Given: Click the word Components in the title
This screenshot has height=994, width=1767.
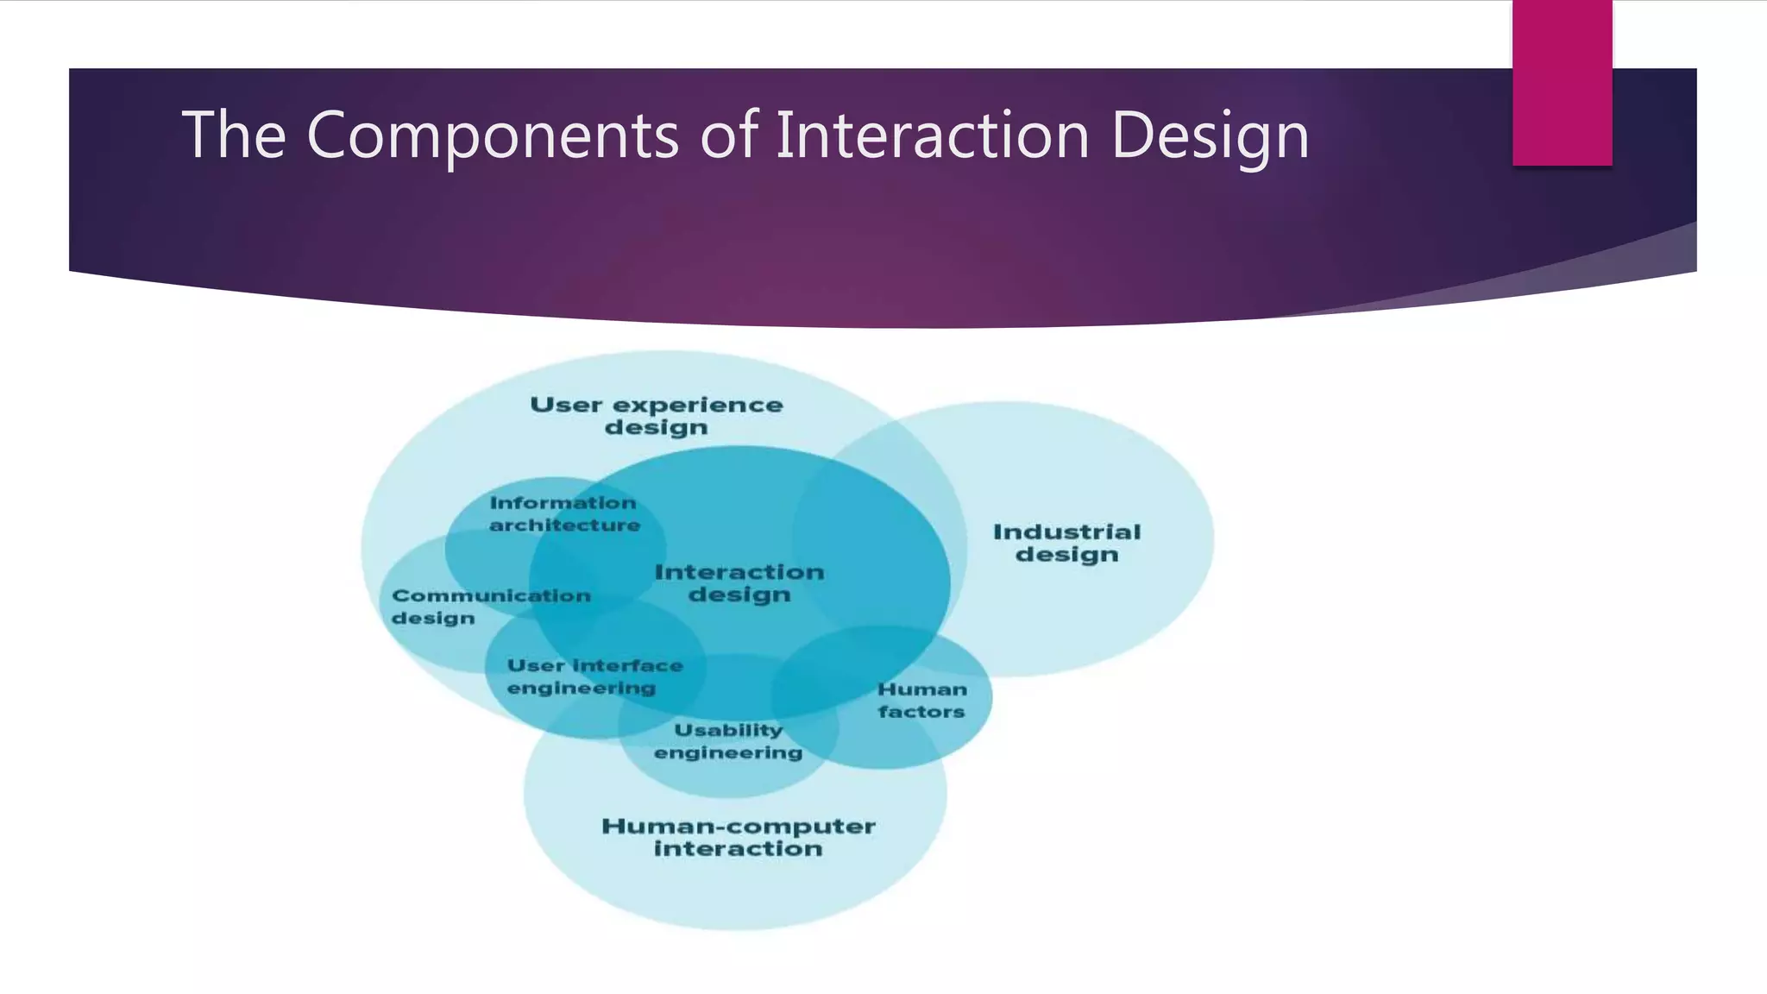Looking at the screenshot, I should tap(492, 136).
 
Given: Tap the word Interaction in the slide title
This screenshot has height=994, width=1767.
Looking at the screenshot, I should tap(932, 135).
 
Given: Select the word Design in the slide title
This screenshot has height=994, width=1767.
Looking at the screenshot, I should tap(1210, 136).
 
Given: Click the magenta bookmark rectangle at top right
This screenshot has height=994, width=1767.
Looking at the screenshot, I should tap(1562, 82).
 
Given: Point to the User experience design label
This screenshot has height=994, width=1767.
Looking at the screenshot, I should tap(656, 416).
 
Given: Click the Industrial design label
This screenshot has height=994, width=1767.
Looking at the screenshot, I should tap(1066, 543).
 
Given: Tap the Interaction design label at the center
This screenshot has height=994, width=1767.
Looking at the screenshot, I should tap(739, 583).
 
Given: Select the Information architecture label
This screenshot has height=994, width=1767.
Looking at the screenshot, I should tap(564, 514).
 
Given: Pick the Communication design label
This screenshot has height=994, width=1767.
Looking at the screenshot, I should tap(490, 607).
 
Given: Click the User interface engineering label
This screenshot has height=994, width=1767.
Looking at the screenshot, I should tap(594, 676).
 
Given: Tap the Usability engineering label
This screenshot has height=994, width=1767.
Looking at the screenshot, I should tap(728, 741).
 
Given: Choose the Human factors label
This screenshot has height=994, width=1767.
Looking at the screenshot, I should tap(921, 701).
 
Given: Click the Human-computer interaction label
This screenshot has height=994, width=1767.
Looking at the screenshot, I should tap(739, 837).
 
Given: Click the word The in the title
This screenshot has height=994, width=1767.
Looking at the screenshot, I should tap(233, 135).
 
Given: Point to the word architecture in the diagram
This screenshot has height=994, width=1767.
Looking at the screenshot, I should tap(564, 525).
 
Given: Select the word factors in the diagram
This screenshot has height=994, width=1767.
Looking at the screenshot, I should tap(921, 712).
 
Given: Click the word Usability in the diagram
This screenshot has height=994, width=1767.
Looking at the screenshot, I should tap(728, 730).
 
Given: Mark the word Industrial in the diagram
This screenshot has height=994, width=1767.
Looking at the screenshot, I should tap(1066, 532).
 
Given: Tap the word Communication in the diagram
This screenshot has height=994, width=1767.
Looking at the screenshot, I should tap(491, 595).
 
